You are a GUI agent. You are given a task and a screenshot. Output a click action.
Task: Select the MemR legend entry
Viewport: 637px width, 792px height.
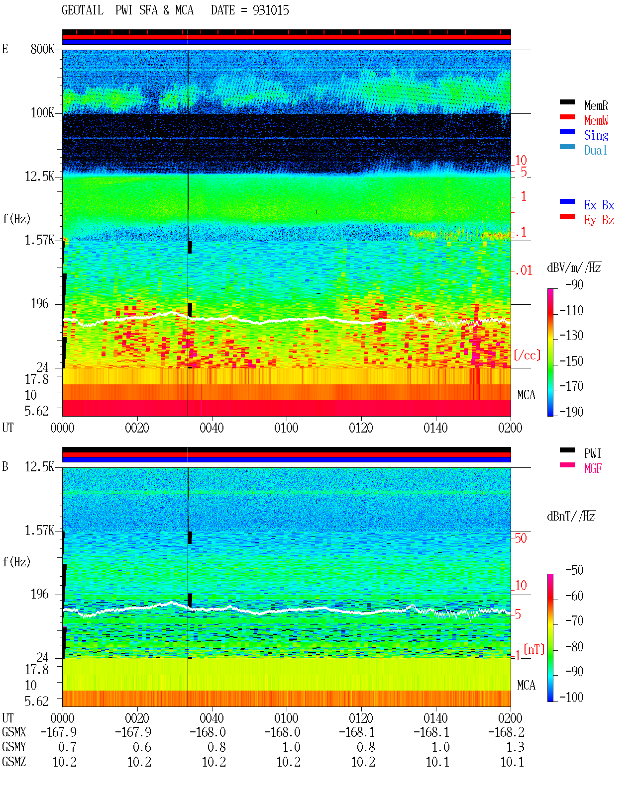point(596,105)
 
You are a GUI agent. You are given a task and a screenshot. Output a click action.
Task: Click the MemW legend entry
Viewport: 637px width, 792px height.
point(596,120)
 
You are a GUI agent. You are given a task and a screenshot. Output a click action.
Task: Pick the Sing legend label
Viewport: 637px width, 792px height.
point(596,135)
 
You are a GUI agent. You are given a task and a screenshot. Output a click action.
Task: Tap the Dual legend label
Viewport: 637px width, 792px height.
point(596,150)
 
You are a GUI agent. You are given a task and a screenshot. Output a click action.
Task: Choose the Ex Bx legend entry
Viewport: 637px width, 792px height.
point(599,205)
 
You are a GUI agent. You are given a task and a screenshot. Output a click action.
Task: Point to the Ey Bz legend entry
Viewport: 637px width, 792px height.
point(599,220)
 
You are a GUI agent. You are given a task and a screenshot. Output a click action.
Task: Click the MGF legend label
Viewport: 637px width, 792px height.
point(593,468)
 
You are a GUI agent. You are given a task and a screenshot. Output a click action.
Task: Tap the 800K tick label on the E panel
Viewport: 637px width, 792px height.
point(42,49)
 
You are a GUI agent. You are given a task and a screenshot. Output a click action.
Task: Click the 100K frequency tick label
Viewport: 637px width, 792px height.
point(42,113)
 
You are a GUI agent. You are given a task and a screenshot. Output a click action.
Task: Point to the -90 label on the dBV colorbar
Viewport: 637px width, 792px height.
point(574,284)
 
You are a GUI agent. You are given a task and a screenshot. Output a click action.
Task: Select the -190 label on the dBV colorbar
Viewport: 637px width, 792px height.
point(571,412)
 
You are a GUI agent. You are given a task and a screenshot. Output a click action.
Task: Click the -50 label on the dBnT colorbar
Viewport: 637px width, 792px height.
point(574,570)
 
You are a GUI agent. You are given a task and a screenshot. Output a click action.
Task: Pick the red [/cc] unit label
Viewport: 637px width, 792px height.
point(527,355)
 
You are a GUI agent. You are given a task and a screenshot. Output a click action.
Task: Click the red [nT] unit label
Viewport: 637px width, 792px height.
point(534,649)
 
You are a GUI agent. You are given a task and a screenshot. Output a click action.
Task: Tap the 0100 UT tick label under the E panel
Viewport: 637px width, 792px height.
point(286,428)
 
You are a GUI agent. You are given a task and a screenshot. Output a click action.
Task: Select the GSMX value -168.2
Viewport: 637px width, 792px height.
point(506,732)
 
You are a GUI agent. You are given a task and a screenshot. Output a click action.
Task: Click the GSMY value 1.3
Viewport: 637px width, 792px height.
point(515,747)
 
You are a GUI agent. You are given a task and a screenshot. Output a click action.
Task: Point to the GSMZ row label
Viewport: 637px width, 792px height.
point(14,762)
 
